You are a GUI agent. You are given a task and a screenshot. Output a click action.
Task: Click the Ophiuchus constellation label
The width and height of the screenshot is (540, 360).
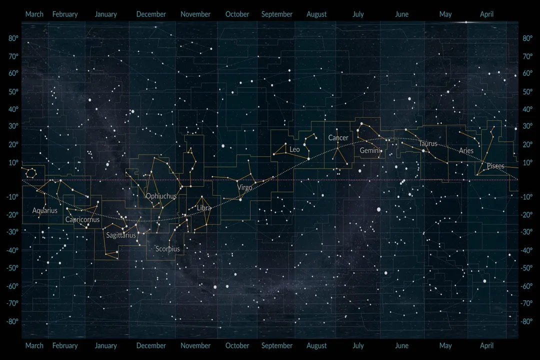pyautogui.click(x=161, y=196)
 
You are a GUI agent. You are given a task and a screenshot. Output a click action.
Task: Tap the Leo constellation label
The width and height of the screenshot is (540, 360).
pyautogui.click(x=294, y=149)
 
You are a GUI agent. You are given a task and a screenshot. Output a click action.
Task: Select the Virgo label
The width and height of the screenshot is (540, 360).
pyautogui.click(x=245, y=187)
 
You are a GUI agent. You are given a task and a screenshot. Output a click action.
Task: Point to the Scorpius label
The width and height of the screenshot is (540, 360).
pyautogui.click(x=167, y=248)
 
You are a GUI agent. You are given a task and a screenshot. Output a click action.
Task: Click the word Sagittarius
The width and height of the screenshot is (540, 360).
pyautogui.click(x=120, y=235)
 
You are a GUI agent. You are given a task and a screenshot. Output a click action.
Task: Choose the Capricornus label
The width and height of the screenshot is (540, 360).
pyautogui.click(x=82, y=219)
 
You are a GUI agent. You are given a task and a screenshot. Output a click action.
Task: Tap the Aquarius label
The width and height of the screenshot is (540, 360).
pyautogui.click(x=45, y=210)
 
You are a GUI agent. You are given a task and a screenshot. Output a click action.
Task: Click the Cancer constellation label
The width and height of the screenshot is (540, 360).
pyautogui.click(x=338, y=137)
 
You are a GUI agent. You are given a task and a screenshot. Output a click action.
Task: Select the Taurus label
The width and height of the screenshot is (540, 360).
pyautogui.click(x=428, y=143)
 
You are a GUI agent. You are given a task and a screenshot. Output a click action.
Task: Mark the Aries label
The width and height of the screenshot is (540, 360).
pyautogui.click(x=466, y=150)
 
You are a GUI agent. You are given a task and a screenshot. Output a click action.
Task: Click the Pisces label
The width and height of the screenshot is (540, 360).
pyautogui.click(x=495, y=166)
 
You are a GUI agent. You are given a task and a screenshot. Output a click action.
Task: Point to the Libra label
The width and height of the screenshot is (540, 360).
pyautogui.click(x=204, y=207)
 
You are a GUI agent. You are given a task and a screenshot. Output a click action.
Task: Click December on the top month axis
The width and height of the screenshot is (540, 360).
pyautogui.click(x=151, y=14)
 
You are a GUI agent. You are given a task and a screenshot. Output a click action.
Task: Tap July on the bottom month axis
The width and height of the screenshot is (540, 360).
pyautogui.click(x=358, y=345)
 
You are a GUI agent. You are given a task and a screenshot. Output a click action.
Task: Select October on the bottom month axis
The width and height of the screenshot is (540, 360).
pyautogui.click(x=237, y=345)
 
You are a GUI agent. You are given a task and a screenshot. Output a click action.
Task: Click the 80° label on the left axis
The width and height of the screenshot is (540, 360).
pyautogui.click(x=13, y=38)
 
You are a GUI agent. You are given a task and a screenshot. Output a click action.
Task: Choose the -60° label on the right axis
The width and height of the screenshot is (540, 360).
pyautogui.click(x=527, y=286)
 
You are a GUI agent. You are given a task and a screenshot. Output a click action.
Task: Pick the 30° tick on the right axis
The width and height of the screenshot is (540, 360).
pyautogui.click(x=527, y=126)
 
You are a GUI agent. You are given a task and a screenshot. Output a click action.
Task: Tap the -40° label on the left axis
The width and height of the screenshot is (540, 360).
pyautogui.click(x=13, y=250)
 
